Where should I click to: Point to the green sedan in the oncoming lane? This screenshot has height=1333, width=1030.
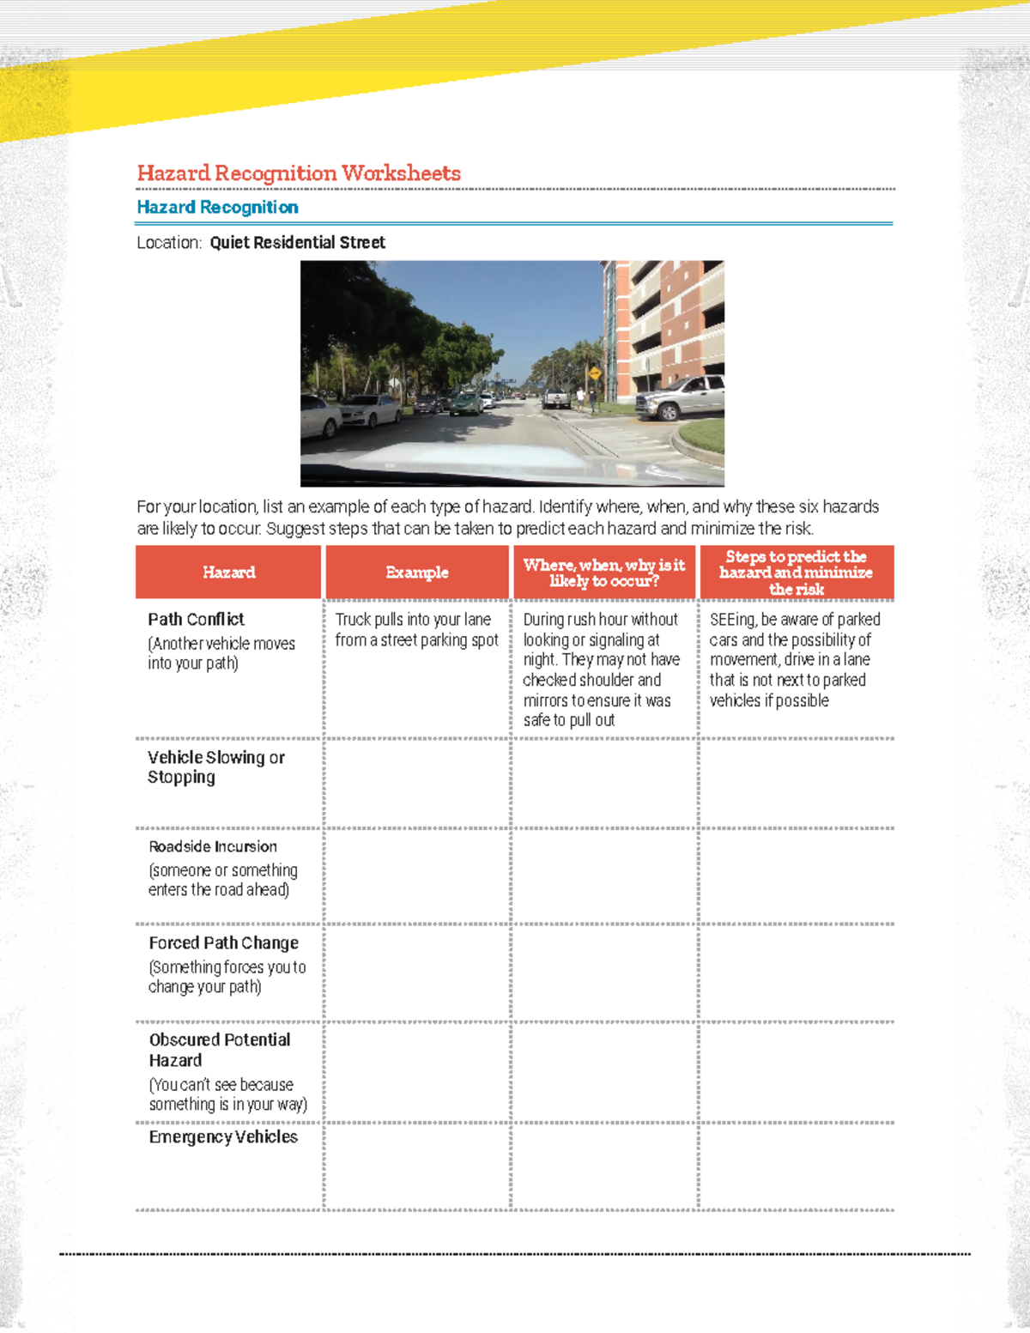466,403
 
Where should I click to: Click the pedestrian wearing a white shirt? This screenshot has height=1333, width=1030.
581,397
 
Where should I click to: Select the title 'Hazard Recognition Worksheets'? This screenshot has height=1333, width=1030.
299,173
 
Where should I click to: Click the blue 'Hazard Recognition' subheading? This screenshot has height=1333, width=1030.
217,208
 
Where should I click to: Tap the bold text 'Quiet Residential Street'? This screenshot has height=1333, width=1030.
297,243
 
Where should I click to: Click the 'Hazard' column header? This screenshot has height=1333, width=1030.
228,573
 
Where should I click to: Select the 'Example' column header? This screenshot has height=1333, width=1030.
417,573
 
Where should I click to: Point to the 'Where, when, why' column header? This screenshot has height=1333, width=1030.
604,573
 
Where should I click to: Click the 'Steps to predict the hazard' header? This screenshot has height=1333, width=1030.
796,573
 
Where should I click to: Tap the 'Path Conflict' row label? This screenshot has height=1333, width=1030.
196,620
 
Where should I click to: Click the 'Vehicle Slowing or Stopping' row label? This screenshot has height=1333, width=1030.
215,767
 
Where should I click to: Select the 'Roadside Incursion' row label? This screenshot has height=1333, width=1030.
213,847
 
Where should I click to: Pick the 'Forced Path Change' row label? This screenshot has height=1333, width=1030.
223,943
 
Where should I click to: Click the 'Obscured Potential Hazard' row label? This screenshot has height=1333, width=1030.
220,1050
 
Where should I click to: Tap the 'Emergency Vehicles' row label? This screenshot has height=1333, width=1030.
223,1137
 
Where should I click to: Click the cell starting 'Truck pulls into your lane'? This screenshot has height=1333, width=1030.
416,630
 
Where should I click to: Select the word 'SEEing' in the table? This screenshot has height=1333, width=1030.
731,620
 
